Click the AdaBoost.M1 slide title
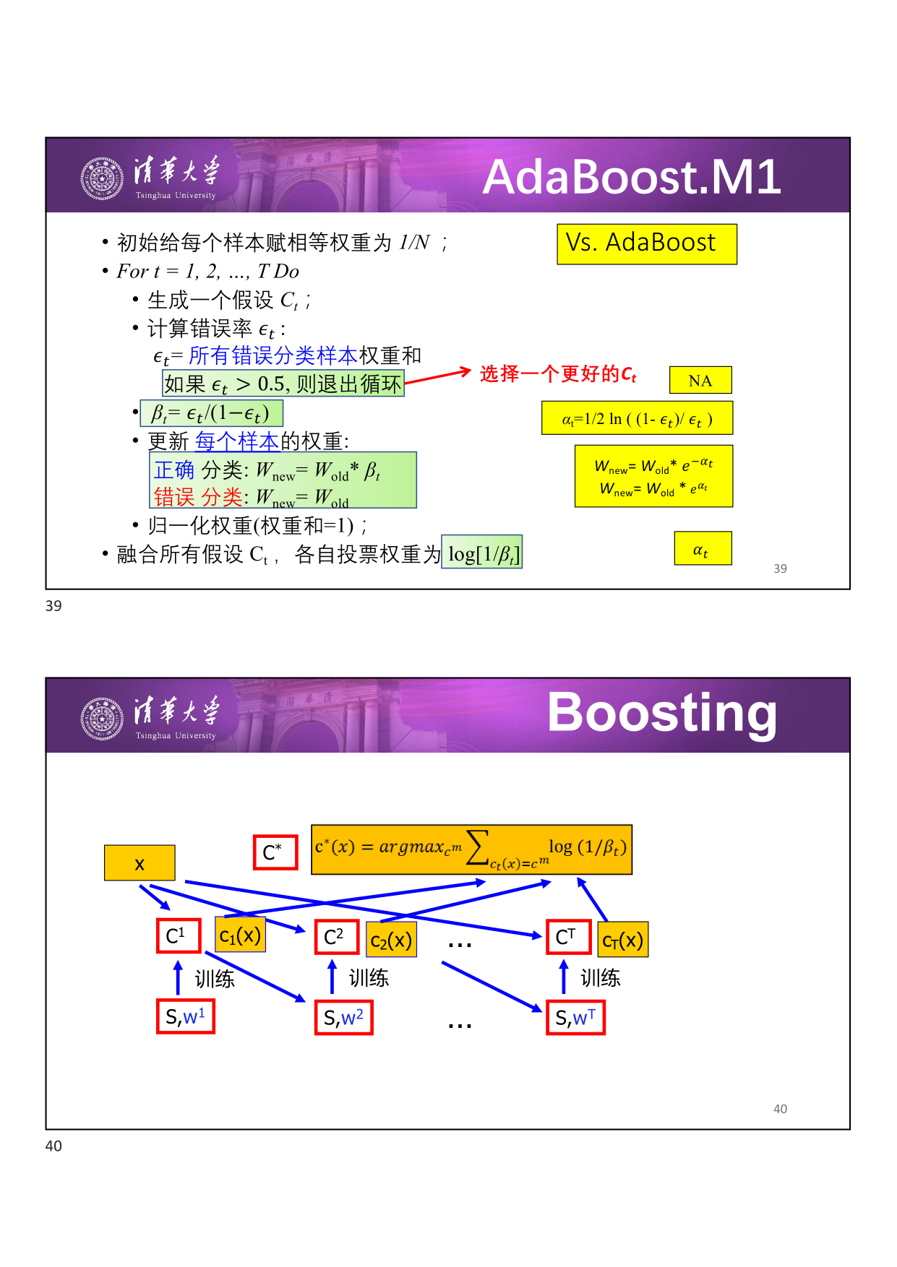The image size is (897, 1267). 632,176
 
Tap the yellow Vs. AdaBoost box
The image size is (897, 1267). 647,244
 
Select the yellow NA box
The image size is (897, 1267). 700,380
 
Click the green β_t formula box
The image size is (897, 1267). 211,413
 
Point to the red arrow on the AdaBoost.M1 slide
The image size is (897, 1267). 438,376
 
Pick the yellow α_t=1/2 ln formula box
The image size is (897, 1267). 637,418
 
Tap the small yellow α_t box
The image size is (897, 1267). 703,548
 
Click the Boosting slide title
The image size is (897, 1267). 662,714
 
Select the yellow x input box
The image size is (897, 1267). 140,862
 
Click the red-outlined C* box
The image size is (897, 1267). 275,852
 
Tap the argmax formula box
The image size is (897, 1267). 471,849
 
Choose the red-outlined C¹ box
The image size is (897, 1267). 179,936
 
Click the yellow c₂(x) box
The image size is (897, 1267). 391,940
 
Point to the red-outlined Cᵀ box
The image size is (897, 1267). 569,937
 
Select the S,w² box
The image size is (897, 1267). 344,1018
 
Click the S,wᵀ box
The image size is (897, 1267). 575,1018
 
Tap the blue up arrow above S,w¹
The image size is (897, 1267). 179,977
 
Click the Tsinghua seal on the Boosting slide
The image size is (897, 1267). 102,719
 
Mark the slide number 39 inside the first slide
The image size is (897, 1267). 780,568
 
